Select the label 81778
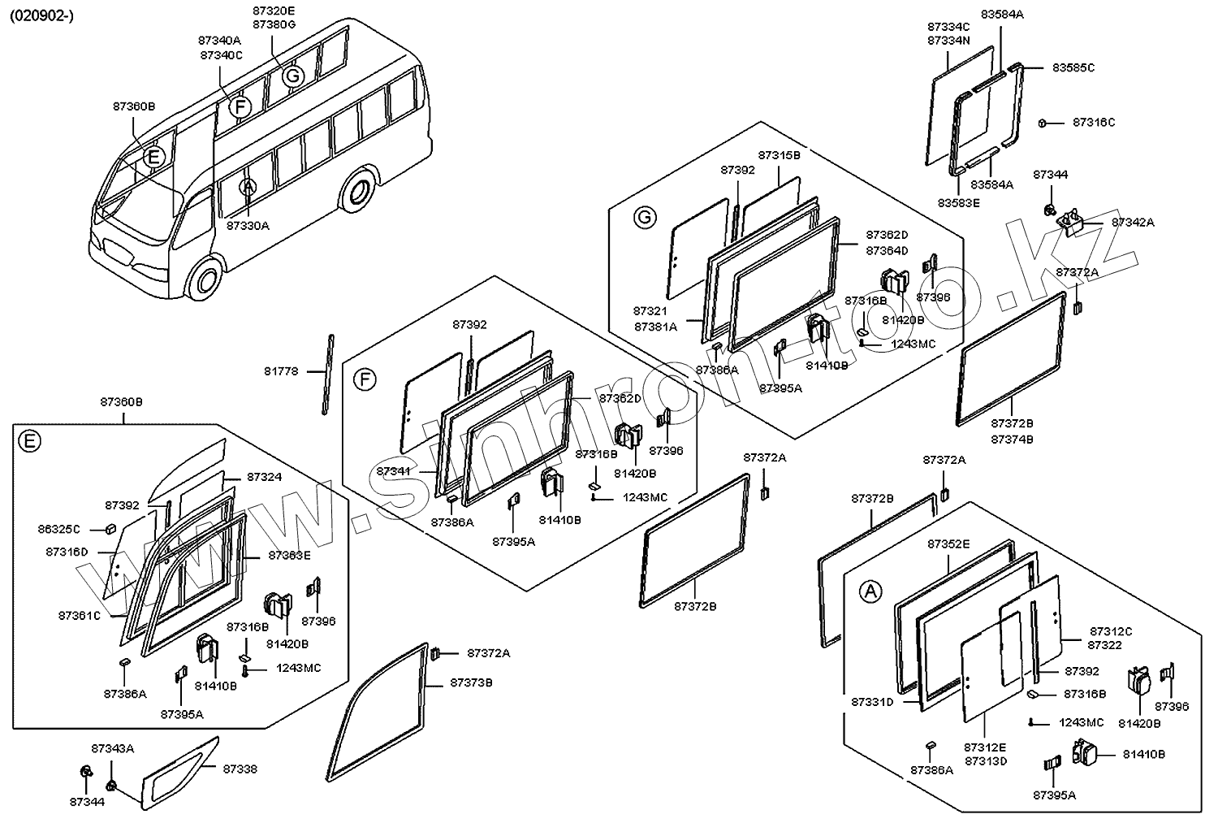pyautogui.click(x=281, y=371)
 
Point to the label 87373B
pyautogui.click(x=471, y=682)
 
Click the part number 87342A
pyautogui.click(x=1133, y=222)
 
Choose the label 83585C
pyautogui.click(x=1073, y=67)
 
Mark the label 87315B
pyautogui.click(x=779, y=154)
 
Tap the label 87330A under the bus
pyautogui.click(x=247, y=226)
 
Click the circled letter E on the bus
pyautogui.click(x=153, y=158)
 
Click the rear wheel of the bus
pyautogui.click(x=357, y=193)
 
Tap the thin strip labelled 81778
pyautogui.click(x=327, y=374)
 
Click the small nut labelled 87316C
pyautogui.click(x=1041, y=123)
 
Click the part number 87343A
pyautogui.click(x=113, y=748)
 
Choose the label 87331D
pyautogui.click(x=872, y=701)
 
